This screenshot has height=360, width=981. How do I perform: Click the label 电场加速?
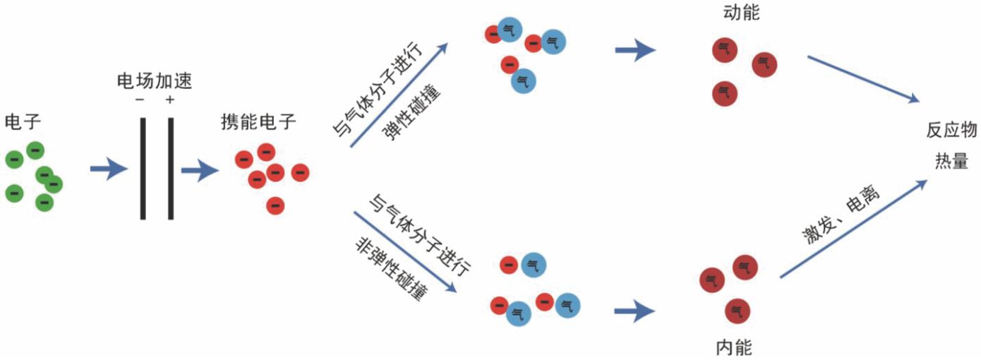tap(155, 82)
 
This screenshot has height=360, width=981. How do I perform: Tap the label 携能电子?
tap(258, 121)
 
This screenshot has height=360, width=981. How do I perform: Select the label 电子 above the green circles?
tap(23, 121)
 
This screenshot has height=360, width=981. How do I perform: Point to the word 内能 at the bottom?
tap(734, 347)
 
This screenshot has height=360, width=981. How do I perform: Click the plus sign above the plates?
tap(169, 100)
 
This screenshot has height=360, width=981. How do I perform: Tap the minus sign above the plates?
tap(140, 100)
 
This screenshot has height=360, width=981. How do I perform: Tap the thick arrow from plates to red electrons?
tap(199, 170)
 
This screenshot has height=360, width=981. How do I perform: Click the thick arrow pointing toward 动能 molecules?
tap(635, 50)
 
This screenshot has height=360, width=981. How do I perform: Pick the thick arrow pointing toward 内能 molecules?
tap(635, 311)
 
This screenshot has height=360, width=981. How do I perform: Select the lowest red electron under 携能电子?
tap(275, 205)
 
